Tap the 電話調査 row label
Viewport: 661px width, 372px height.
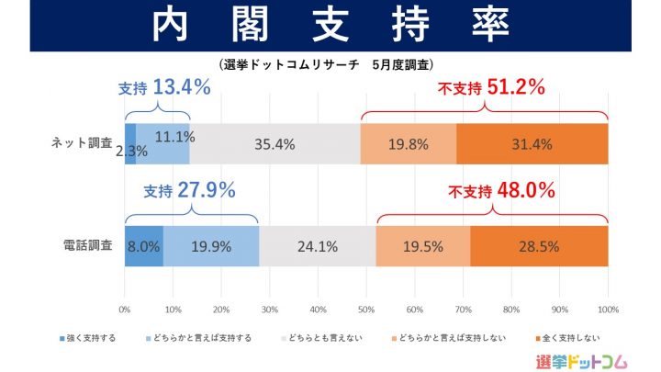[89, 246]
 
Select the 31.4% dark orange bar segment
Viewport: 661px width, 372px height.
[532, 144]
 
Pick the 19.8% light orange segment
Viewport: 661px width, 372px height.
[408, 144]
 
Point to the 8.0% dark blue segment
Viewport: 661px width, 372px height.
[144, 246]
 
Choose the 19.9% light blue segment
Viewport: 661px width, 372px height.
[211, 246]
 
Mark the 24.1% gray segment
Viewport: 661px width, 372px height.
[318, 246]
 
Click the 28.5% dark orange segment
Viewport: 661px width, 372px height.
[539, 246]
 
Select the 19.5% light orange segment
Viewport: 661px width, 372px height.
[423, 246]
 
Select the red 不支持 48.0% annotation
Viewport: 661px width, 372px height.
[501, 191]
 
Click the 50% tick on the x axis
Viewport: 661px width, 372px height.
[366, 310]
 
